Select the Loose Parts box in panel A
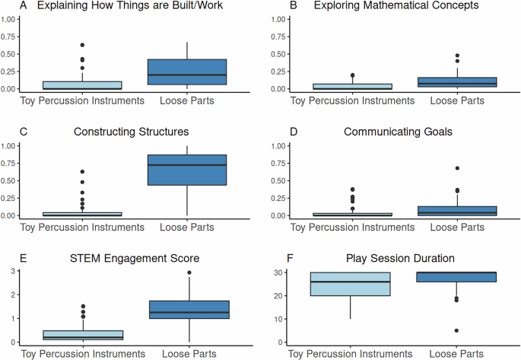pos(186,72)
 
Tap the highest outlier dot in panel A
pos(82,46)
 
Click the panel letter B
pos(272,6)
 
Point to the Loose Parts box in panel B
pos(449,82)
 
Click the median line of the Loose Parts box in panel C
pos(186,165)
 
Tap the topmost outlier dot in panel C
pos(82,172)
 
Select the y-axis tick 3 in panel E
pos(15,272)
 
